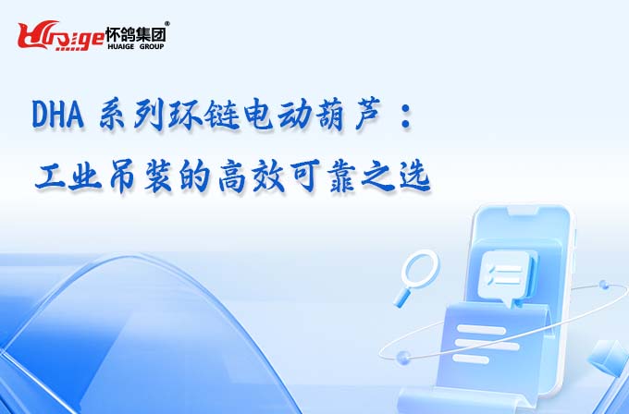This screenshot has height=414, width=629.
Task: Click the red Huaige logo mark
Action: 61,36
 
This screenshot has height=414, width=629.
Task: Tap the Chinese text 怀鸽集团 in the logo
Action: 136,34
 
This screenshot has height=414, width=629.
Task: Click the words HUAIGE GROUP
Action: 136,46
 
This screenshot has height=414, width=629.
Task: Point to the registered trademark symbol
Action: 167,24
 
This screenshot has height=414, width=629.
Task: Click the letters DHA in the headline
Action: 57,115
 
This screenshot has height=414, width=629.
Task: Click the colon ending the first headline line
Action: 406,116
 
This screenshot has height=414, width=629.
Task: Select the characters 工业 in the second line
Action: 68,177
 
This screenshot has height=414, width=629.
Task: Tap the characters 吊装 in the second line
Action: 141,177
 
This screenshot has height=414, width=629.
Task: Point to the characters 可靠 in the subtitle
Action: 323,177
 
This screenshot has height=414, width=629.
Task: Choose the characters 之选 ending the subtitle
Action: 396,177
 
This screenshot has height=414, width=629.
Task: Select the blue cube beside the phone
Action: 609,358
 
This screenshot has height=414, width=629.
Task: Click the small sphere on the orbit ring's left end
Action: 403,357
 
